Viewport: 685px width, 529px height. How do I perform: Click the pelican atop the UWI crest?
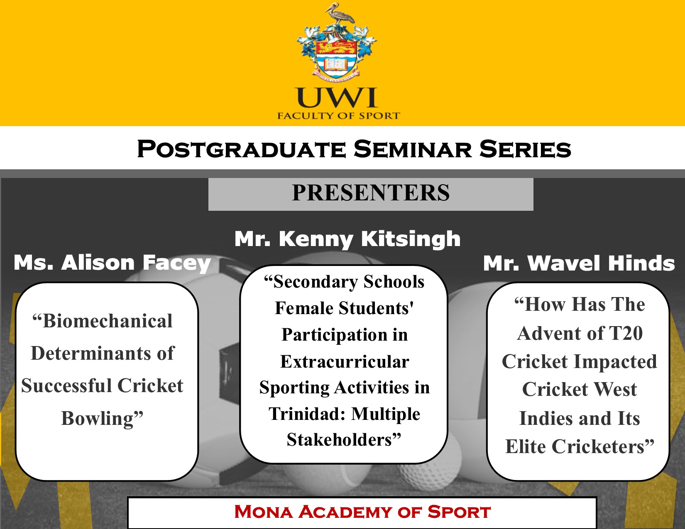coord(338,14)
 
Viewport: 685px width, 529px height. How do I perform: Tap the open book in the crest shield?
coord(337,64)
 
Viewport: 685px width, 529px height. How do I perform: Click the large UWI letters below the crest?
coord(337,98)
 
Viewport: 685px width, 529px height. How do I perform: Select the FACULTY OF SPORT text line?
coord(339,116)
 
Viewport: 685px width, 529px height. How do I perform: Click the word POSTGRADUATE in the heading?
coord(242,149)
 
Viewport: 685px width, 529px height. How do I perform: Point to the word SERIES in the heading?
coord(525,149)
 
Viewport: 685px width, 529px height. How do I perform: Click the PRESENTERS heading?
coord(371,193)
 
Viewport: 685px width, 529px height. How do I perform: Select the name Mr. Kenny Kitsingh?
coord(347,239)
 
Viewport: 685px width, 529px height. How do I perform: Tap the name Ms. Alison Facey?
coord(112,263)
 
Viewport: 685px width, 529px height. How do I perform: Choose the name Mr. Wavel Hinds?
coord(579,263)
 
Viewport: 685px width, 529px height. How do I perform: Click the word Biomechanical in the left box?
coord(107,321)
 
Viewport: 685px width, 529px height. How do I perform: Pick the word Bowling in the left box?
coord(98,419)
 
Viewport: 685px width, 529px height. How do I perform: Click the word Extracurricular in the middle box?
coord(345,361)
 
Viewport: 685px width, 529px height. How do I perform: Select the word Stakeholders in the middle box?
coord(339,440)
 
